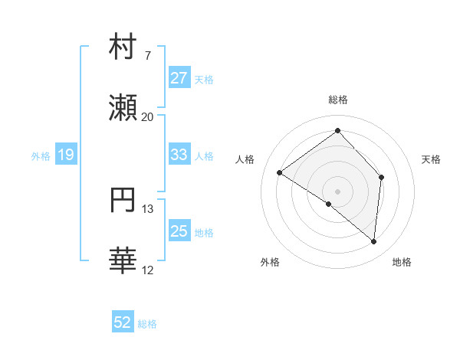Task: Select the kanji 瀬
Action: (x=123, y=108)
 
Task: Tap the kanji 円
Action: (x=123, y=200)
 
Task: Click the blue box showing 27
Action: (x=179, y=78)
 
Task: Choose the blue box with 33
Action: (x=179, y=155)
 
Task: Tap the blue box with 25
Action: (x=179, y=231)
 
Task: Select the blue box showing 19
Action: (x=65, y=155)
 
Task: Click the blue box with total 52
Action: (x=123, y=322)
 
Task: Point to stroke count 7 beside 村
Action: (x=147, y=56)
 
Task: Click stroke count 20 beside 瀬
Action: (x=147, y=117)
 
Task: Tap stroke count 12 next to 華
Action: (x=147, y=270)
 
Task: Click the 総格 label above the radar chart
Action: (x=338, y=100)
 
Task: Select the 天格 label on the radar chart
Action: (x=431, y=159)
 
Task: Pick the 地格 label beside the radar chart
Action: (x=402, y=262)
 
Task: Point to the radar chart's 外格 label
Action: (x=270, y=262)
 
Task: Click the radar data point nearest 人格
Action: (x=280, y=172)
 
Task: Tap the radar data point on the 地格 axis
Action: (x=373, y=241)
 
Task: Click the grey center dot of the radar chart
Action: (x=338, y=191)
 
